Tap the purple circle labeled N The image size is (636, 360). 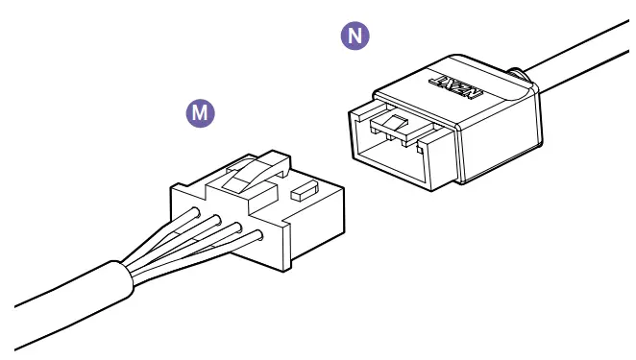[355, 36]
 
